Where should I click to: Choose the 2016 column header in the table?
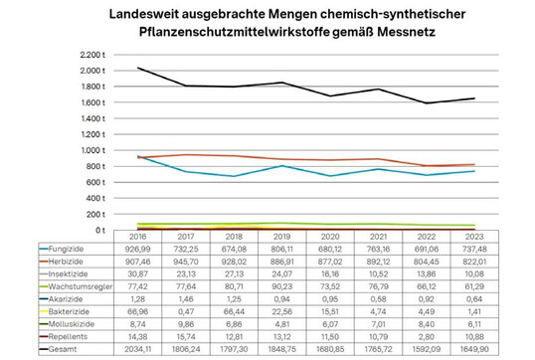pos(139,236)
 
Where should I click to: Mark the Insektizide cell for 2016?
pos(139,272)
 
